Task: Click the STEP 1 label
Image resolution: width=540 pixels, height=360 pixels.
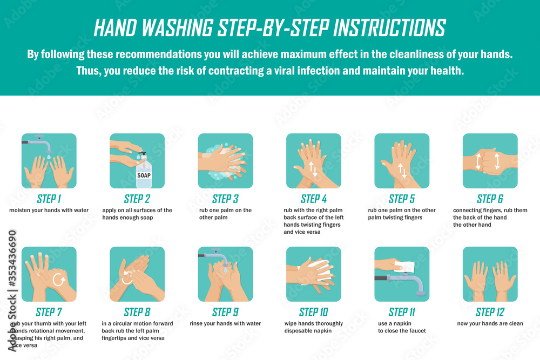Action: point(49,199)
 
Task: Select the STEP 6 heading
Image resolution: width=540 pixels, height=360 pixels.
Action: point(490,199)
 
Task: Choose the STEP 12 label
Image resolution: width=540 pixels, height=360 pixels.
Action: point(490,312)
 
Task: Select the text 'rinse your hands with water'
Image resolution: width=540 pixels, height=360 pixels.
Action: point(225,324)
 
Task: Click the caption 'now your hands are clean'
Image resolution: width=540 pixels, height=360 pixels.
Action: point(490,324)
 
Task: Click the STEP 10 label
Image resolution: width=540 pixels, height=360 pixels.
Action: point(313,312)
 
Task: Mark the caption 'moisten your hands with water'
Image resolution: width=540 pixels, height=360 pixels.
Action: point(49,210)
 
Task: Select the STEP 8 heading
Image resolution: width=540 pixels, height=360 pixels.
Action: point(137,312)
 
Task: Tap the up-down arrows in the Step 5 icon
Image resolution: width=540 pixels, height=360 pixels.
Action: point(402,171)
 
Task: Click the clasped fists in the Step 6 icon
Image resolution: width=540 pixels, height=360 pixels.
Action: point(490,161)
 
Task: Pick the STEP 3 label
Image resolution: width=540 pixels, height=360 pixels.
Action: point(225,199)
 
